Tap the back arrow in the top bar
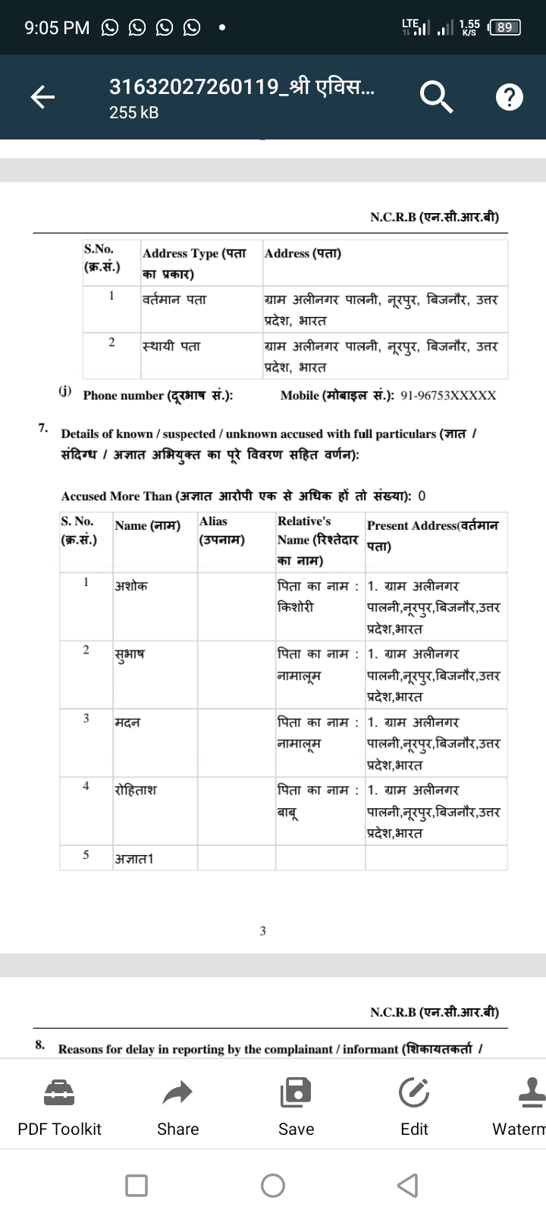pyautogui.click(x=42, y=96)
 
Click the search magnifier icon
pyautogui.click(x=435, y=96)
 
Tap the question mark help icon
pyautogui.click(x=509, y=97)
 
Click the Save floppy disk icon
pyautogui.click(x=296, y=1092)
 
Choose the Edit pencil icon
pyautogui.click(x=414, y=1092)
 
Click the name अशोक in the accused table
pyautogui.click(x=131, y=586)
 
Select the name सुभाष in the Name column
pyautogui.click(x=130, y=654)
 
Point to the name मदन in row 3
pyautogui.click(x=127, y=722)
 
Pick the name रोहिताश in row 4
pyautogui.click(x=136, y=790)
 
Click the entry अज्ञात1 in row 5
pyautogui.click(x=134, y=858)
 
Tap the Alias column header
pyautogui.click(x=213, y=522)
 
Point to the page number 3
pyautogui.click(x=262, y=930)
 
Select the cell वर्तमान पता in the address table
pyautogui.click(x=174, y=299)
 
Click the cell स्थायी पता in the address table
pyautogui.click(x=171, y=346)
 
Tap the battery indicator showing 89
pyautogui.click(x=504, y=28)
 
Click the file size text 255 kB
pyautogui.click(x=134, y=112)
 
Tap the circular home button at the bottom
pyautogui.click(x=273, y=1185)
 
